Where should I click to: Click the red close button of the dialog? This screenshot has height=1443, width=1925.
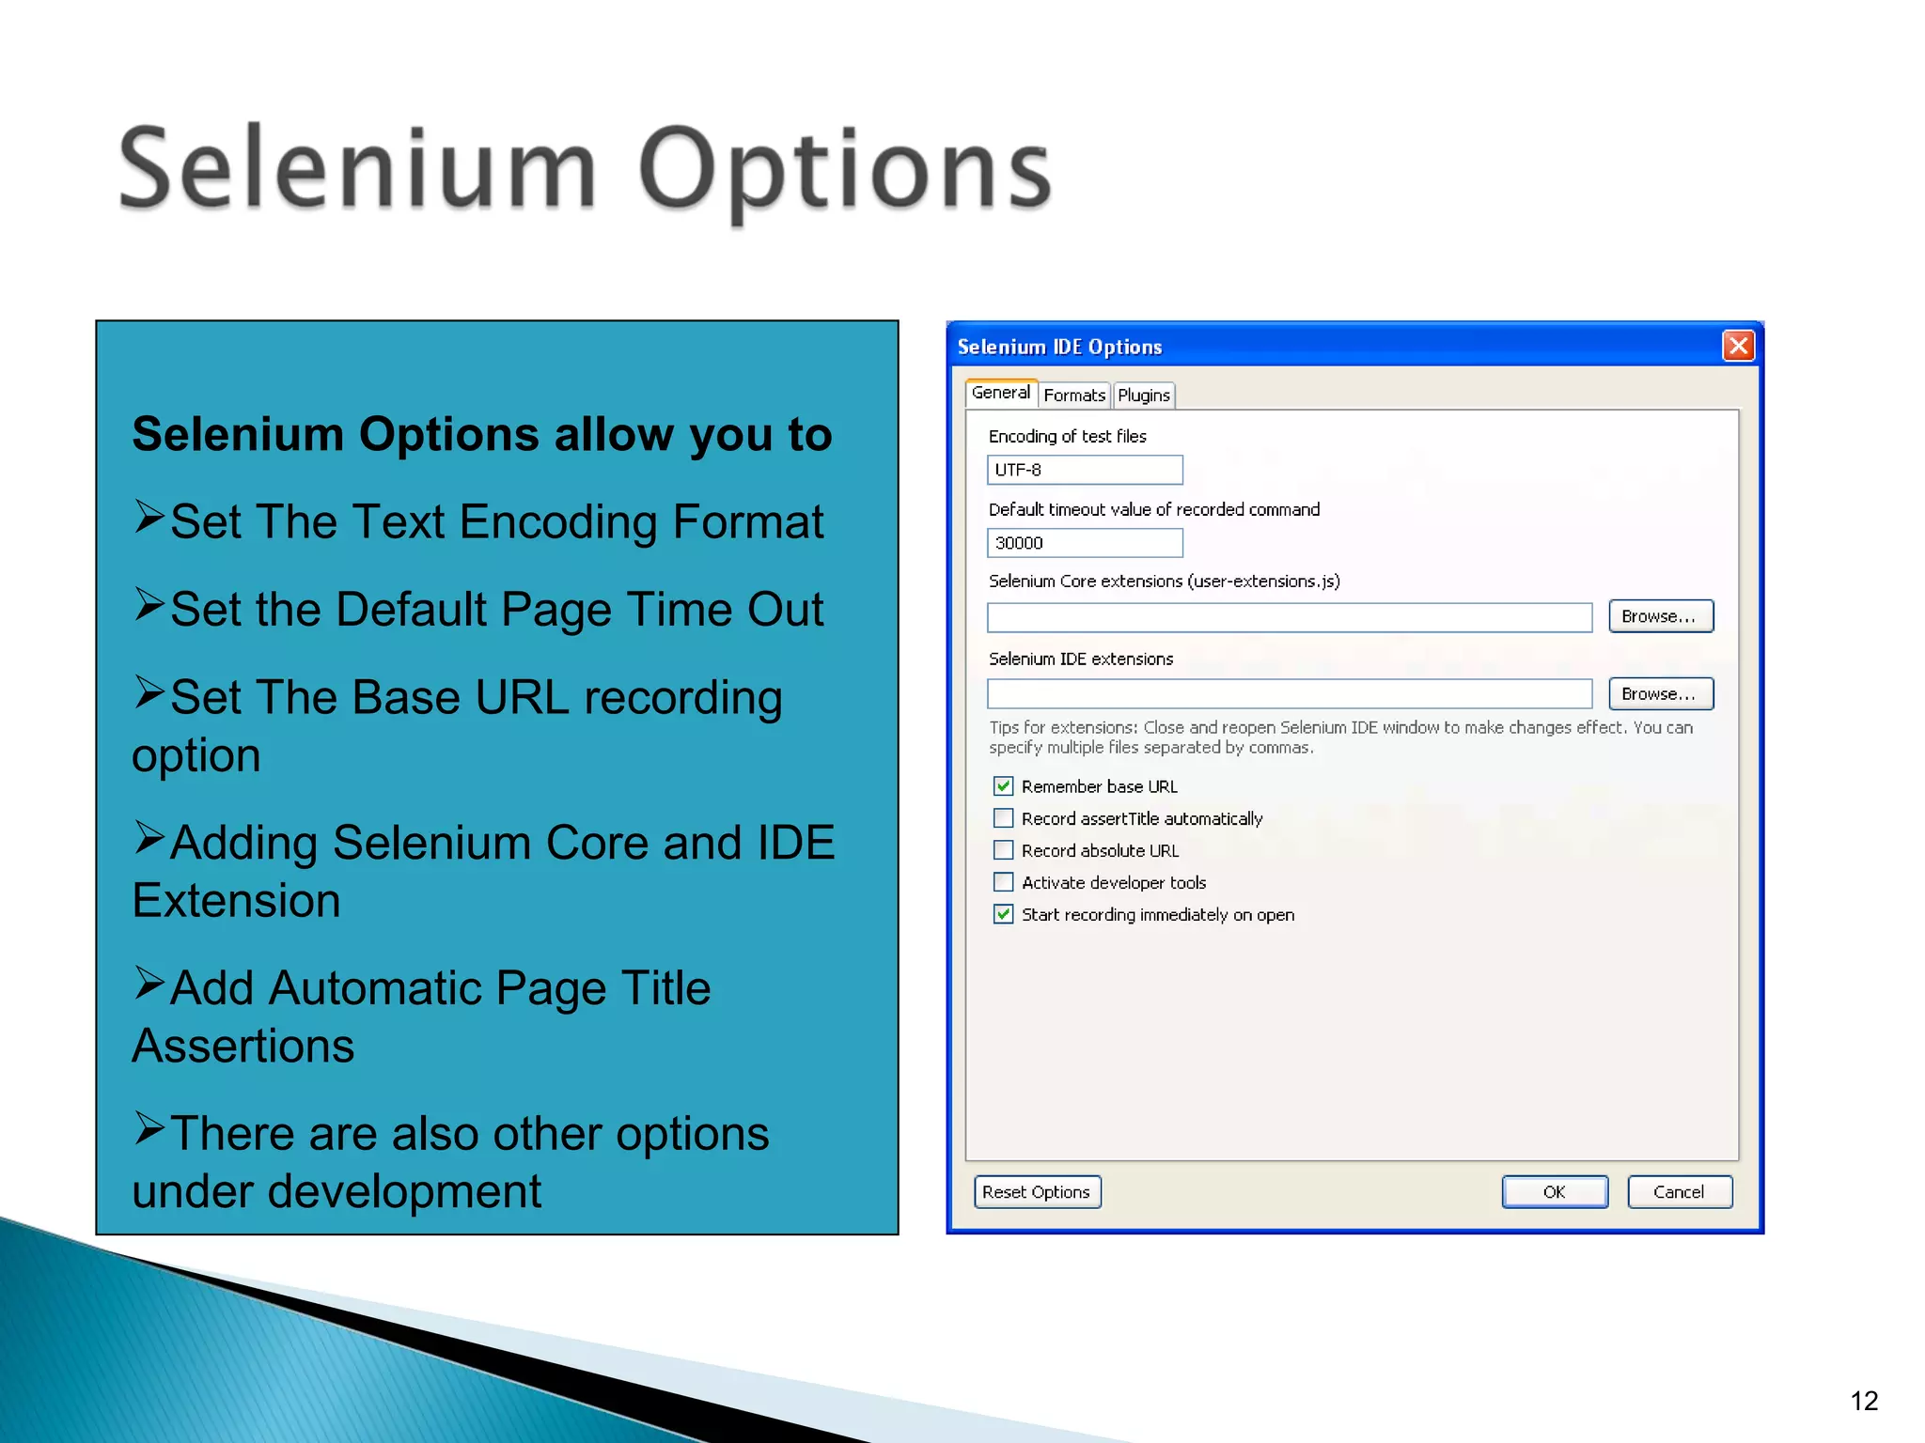(x=1738, y=346)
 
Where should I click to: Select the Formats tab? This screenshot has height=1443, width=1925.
(x=1073, y=396)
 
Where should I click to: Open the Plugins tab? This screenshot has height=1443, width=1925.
(x=1143, y=396)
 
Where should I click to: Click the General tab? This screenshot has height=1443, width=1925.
(x=1000, y=393)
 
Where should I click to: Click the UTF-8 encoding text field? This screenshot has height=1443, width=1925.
(x=1084, y=470)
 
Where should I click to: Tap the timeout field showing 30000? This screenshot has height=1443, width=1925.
(x=1084, y=543)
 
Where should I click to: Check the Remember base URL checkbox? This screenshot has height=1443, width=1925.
(x=1003, y=786)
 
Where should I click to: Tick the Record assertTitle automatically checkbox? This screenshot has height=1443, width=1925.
(x=1003, y=818)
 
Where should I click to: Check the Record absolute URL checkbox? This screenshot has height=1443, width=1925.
(x=1003, y=850)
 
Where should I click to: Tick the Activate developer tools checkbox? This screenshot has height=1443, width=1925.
(x=1003, y=882)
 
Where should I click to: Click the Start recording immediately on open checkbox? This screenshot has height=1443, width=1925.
(x=1003, y=914)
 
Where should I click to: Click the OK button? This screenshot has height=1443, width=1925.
(x=1554, y=1192)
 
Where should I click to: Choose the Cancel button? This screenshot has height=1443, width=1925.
(x=1679, y=1192)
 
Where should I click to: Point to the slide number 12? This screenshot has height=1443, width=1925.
(x=1864, y=1401)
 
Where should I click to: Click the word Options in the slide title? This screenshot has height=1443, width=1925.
(x=844, y=172)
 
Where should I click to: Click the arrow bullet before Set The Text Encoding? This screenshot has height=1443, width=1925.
(x=149, y=517)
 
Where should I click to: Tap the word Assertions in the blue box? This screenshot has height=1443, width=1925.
(x=243, y=1046)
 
